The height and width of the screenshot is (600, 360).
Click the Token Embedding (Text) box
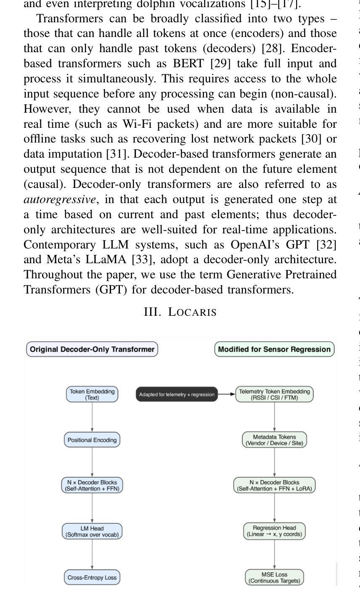click(x=92, y=394)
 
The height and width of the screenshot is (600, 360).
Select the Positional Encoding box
click(x=92, y=440)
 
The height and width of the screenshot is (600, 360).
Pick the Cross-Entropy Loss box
click(x=92, y=577)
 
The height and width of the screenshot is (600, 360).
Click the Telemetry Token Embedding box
click(x=274, y=394)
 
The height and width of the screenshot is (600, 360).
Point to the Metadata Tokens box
click(x=274, y=440)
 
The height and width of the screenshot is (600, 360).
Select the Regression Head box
click(x=274, y=531)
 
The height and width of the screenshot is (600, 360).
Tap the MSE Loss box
click(x=274, y=577)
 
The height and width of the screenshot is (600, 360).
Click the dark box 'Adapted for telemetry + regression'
click(x=177, y=394)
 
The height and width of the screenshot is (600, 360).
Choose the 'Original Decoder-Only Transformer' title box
click(x=92, y=349)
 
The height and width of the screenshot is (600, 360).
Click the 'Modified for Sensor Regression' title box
click(x=274, y=349)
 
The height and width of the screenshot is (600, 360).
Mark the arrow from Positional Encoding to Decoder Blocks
click(x=92, y=462)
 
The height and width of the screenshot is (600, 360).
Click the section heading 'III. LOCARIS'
click(x=180, y=312)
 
